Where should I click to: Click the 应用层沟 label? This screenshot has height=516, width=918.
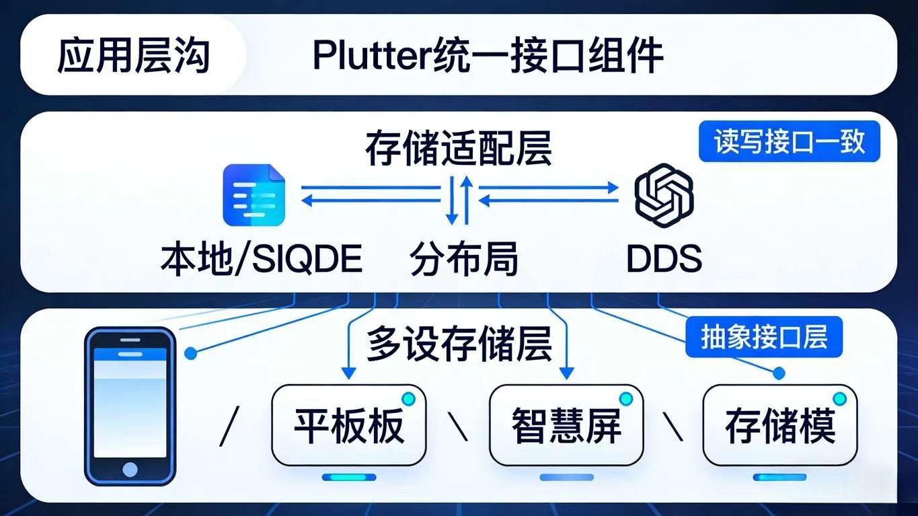coord(133,56)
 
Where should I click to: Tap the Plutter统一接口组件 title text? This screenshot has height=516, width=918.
coord(488,56)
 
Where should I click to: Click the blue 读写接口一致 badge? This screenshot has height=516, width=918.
coord(789,142)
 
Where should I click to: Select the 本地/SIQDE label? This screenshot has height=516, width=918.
coord(262,259)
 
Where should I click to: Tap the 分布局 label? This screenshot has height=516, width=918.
coord(464,259)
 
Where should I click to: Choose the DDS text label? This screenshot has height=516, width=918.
coord(664,259)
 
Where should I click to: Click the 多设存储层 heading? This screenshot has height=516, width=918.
coord(459,344)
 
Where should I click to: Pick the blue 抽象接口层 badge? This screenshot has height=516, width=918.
coord(763,336)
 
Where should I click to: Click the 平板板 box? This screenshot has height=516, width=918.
coord(348,425)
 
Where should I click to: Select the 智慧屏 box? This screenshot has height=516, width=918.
coord(566,425)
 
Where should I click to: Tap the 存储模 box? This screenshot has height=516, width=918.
coord(779,425)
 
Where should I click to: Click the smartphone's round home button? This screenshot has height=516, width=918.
coord(130,469)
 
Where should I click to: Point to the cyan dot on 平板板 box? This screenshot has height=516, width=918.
coord(408,399)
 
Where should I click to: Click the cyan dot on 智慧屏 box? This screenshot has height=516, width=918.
coord(625,399)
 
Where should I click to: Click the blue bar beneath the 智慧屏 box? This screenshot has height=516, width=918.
coord(567,477)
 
